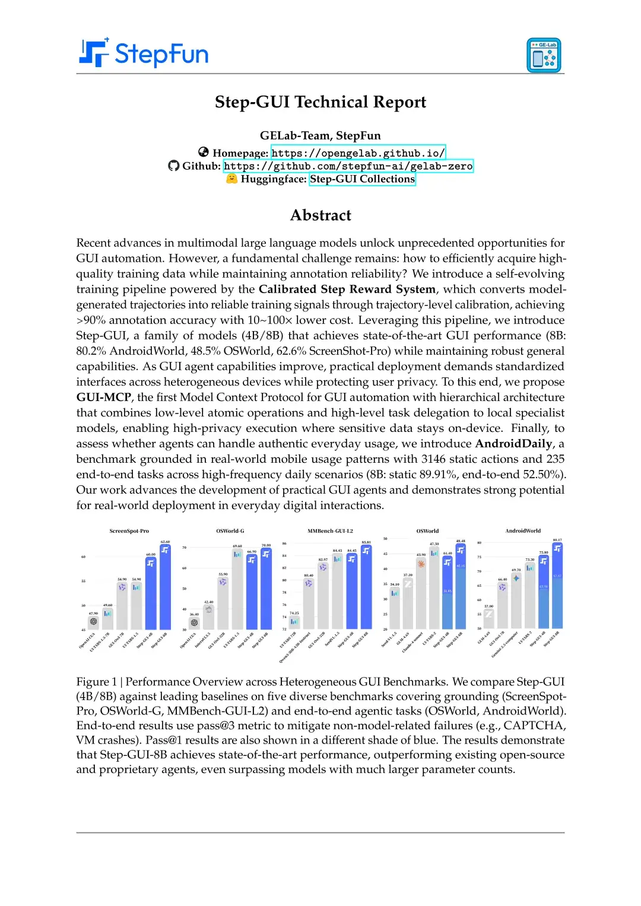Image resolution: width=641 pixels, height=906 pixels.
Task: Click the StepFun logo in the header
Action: point(144,53)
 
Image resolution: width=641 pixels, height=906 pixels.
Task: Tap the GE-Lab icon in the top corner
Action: point(544,55)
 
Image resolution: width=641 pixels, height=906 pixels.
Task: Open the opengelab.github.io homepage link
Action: point(358,153)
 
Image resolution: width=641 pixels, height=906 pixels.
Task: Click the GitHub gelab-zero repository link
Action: point(348,166)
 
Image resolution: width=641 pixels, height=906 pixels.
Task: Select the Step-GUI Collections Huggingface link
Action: point(362,179)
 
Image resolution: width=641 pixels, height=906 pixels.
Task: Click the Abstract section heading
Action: point(320,215)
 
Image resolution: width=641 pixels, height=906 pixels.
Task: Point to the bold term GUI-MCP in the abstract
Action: point(103,398)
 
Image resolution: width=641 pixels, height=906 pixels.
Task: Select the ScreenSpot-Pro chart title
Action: point(129,531)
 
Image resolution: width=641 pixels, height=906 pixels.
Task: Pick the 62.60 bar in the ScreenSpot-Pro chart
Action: point(165,587)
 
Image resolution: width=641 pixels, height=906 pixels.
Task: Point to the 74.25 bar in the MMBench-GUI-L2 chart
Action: point(294,622)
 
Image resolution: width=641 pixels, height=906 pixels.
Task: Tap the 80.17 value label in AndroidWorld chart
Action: point(557,540)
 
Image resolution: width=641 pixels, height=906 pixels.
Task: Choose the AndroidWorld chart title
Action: point(523,531)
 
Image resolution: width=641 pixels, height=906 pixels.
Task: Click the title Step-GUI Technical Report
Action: point(320,102)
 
